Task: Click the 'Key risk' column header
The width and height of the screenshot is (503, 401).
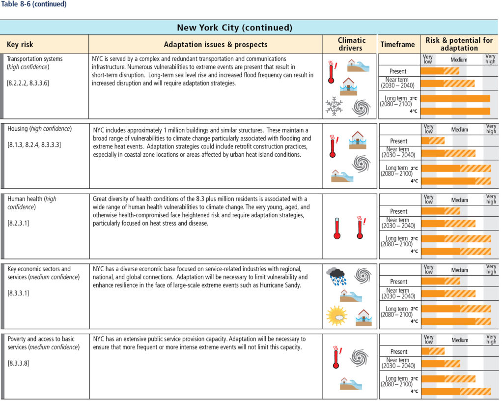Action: click(x=20, y=45)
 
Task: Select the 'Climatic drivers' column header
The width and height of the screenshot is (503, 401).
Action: click(x=351, y=44)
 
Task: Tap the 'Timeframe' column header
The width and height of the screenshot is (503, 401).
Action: click(x=397, y=45)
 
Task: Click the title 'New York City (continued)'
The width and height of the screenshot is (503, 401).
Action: click(x=234, y=28)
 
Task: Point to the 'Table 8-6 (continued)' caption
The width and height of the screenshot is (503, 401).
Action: click(x=34, y=4)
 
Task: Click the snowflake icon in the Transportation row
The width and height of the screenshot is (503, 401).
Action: click(x=334, y=106)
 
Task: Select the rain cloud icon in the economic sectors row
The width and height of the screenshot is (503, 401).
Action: click(x=336, y=276)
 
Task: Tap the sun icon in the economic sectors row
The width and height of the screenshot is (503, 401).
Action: click(x=337, y=315)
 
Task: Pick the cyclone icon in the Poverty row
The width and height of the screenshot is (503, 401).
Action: click(x=359, y=358)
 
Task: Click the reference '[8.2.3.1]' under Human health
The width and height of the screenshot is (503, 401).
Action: click(x=18, y=223)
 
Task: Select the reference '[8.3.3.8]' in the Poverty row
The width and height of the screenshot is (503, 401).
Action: click(x=18, y=363)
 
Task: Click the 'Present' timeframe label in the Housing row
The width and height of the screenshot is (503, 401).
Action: click(x=398, y=141)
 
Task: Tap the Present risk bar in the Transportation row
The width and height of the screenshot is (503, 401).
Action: click(x=440, y=71)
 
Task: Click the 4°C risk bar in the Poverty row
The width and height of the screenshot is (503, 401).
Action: click(x=456, y=391)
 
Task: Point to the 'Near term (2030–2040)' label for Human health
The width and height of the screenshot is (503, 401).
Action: click(x=398, y=223)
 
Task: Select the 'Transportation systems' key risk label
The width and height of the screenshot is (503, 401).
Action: click(x=35, y=58)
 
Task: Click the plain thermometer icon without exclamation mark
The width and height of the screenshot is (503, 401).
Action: click(x=337, y=229)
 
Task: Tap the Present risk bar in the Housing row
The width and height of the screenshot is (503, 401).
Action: click(x=433, y=141)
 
